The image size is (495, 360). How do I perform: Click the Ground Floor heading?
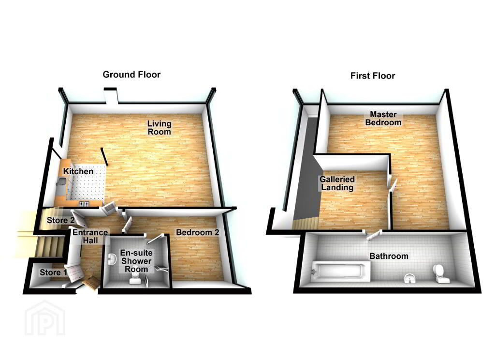(x=131, y=75)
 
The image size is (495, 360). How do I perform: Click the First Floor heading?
(x=372, y=76)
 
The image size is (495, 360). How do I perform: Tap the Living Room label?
(x=160, y=128)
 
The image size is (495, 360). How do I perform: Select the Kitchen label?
(x=78, y=171)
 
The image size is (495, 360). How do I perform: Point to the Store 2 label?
(x=60, y=221)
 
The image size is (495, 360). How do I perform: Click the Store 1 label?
(x=53, y=272)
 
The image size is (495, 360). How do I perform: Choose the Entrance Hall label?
(x=90, y=237)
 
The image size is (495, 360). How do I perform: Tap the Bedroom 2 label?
(x=197, y=233)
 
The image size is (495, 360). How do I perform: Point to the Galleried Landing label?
(x=337, y=183)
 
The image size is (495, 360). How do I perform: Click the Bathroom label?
(x=389, y=256)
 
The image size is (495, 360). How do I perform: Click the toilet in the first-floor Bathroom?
(x=440, y=273)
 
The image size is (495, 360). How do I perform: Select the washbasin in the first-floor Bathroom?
(x=410, y=278)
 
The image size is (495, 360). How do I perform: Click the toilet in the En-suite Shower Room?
(x=135, y=277)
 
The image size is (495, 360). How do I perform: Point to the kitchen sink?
(x=62, y=183)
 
